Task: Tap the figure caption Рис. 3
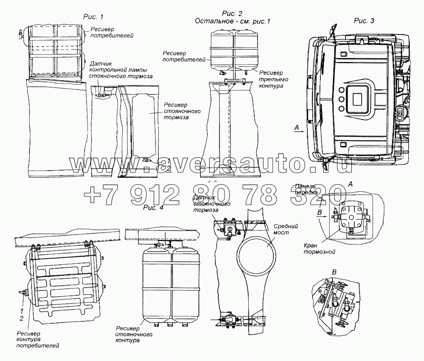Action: [364, 21]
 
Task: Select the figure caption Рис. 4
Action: [153, 208]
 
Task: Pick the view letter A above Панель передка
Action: [350, 184]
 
